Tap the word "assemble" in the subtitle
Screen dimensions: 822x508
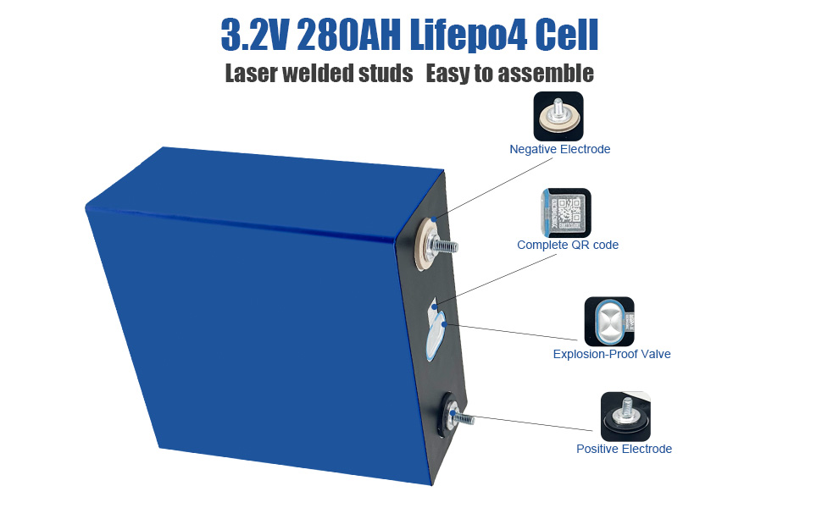click(546, 74)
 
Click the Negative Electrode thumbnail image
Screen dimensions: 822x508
click(558, 116)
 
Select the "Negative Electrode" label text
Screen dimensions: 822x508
click(559, 149)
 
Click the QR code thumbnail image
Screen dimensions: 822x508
click(565, 212)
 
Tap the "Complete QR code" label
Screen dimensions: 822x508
click(568, 245)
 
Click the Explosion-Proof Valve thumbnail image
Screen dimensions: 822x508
click(609, 321)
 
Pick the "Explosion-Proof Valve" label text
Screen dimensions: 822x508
click(611, 354)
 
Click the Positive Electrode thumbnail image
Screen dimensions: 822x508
click(625, 417)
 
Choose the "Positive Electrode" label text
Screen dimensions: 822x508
click(624, 449)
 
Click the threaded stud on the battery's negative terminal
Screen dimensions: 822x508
click(444, 246)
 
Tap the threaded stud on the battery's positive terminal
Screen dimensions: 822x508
click(462, 418)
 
